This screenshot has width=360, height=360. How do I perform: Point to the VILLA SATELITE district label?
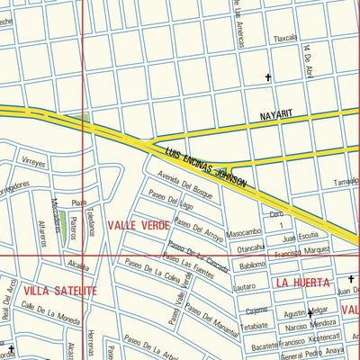tap(59, 291)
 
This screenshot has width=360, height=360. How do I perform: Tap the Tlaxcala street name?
tap(285, 39)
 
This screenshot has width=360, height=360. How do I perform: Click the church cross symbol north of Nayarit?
tap(267, 78)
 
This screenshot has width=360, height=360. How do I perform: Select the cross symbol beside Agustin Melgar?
tap(310, 313)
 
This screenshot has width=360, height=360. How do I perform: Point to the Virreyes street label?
tap(33, 164)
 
